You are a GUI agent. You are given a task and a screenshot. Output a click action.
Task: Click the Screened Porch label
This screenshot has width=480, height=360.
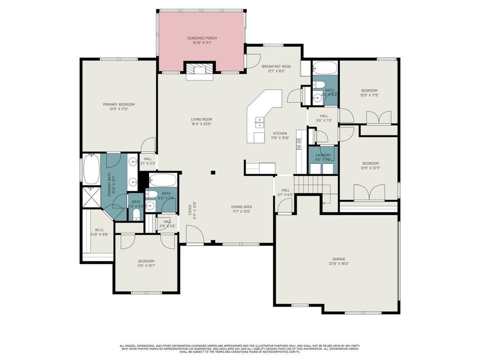(202, 38)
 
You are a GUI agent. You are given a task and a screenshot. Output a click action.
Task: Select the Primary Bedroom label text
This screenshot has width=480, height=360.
(119, 105)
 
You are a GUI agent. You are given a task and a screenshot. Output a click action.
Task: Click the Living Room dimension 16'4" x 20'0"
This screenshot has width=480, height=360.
(201, 124)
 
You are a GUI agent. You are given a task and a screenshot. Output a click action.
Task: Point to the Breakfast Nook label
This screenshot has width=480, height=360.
(276, 67)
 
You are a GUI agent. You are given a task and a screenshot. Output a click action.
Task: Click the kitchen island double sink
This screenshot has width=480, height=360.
(258, 123)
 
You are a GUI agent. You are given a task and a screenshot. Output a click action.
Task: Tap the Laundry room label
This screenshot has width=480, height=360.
(323, 155)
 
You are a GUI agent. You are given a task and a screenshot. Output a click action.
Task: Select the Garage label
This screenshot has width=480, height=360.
(339, 259)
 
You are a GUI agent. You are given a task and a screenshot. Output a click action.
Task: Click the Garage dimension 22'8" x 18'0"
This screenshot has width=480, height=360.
(339, 263)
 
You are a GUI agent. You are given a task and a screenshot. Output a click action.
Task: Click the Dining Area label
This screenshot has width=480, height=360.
(242, 207)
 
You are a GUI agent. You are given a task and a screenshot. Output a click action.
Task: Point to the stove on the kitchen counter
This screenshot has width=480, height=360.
(299, 145)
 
